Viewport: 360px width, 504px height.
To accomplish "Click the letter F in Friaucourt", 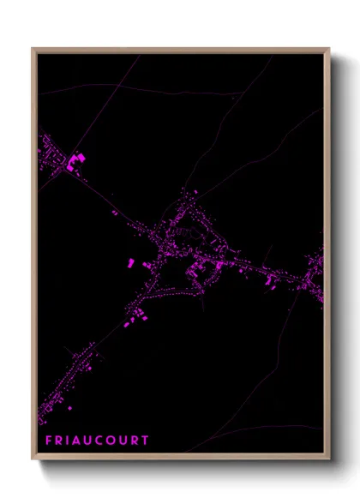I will (x=48, y=441).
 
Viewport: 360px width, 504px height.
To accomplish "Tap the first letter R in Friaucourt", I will (x=59, y=441).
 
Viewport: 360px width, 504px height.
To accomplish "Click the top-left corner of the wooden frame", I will (x=33, y=49).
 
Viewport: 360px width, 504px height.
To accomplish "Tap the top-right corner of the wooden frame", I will (x=328, y=49).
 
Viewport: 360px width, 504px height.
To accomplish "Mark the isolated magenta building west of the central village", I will (x=130, y=262).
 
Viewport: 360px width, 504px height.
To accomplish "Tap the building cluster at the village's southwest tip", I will (x=132, y=321).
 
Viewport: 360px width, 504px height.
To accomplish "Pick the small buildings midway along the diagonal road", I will (x=114, y=212).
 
